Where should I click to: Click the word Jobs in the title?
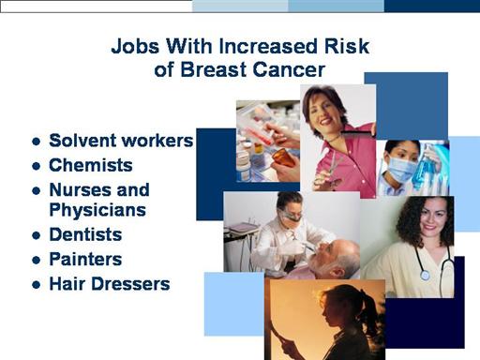click(x=135, y=47)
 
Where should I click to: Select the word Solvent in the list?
click(x=82, y=141)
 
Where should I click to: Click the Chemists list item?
click(x=91, y=165)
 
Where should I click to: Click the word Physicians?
click(x=97, y=210)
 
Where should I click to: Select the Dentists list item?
click(x=85, y=234)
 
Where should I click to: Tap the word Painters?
click(x=85, y=259)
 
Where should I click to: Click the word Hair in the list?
click(x=67, y=284)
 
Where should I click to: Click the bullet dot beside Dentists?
click(x=37, y=235)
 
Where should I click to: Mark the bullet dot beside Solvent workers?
click(x=37, y=142)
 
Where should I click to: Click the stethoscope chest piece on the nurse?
click(x=425, y=275)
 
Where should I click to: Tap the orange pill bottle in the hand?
click(x=283, y=157)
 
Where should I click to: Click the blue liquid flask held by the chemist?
click(x=425, y=167)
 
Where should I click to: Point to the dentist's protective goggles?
click(x=292, y=216)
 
